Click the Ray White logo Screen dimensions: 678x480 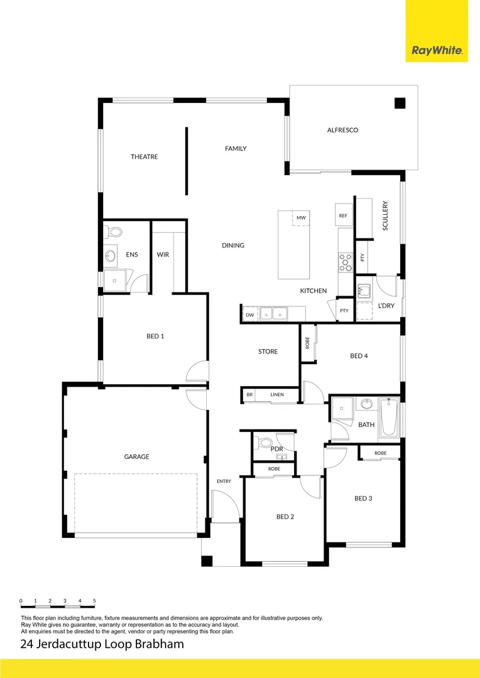tap(437, 50)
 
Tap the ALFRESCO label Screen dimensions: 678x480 tap(342, 130)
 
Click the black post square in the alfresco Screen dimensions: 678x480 tap(400, 104)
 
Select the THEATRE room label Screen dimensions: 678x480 tap(144, 156)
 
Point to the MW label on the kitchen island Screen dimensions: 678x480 tap(301, 218)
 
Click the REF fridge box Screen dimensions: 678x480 tap(343, 215)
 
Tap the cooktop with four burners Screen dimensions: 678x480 tap(346, 262)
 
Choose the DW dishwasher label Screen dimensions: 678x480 tap(249, 315)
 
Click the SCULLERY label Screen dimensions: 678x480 tap(385, 215)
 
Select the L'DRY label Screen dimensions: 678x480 tap(385, 306)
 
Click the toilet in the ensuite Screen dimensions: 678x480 tap(114, 232)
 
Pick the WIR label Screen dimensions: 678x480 tap(163, 255)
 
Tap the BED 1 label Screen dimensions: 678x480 tap(155, 336)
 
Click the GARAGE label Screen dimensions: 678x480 tap(136, 456)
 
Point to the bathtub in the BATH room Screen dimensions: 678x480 tap(388, 419)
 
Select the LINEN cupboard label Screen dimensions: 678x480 tap(277, 395)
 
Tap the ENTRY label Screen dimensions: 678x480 tap(224, 482)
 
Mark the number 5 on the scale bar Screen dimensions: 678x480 tap(94, 601)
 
